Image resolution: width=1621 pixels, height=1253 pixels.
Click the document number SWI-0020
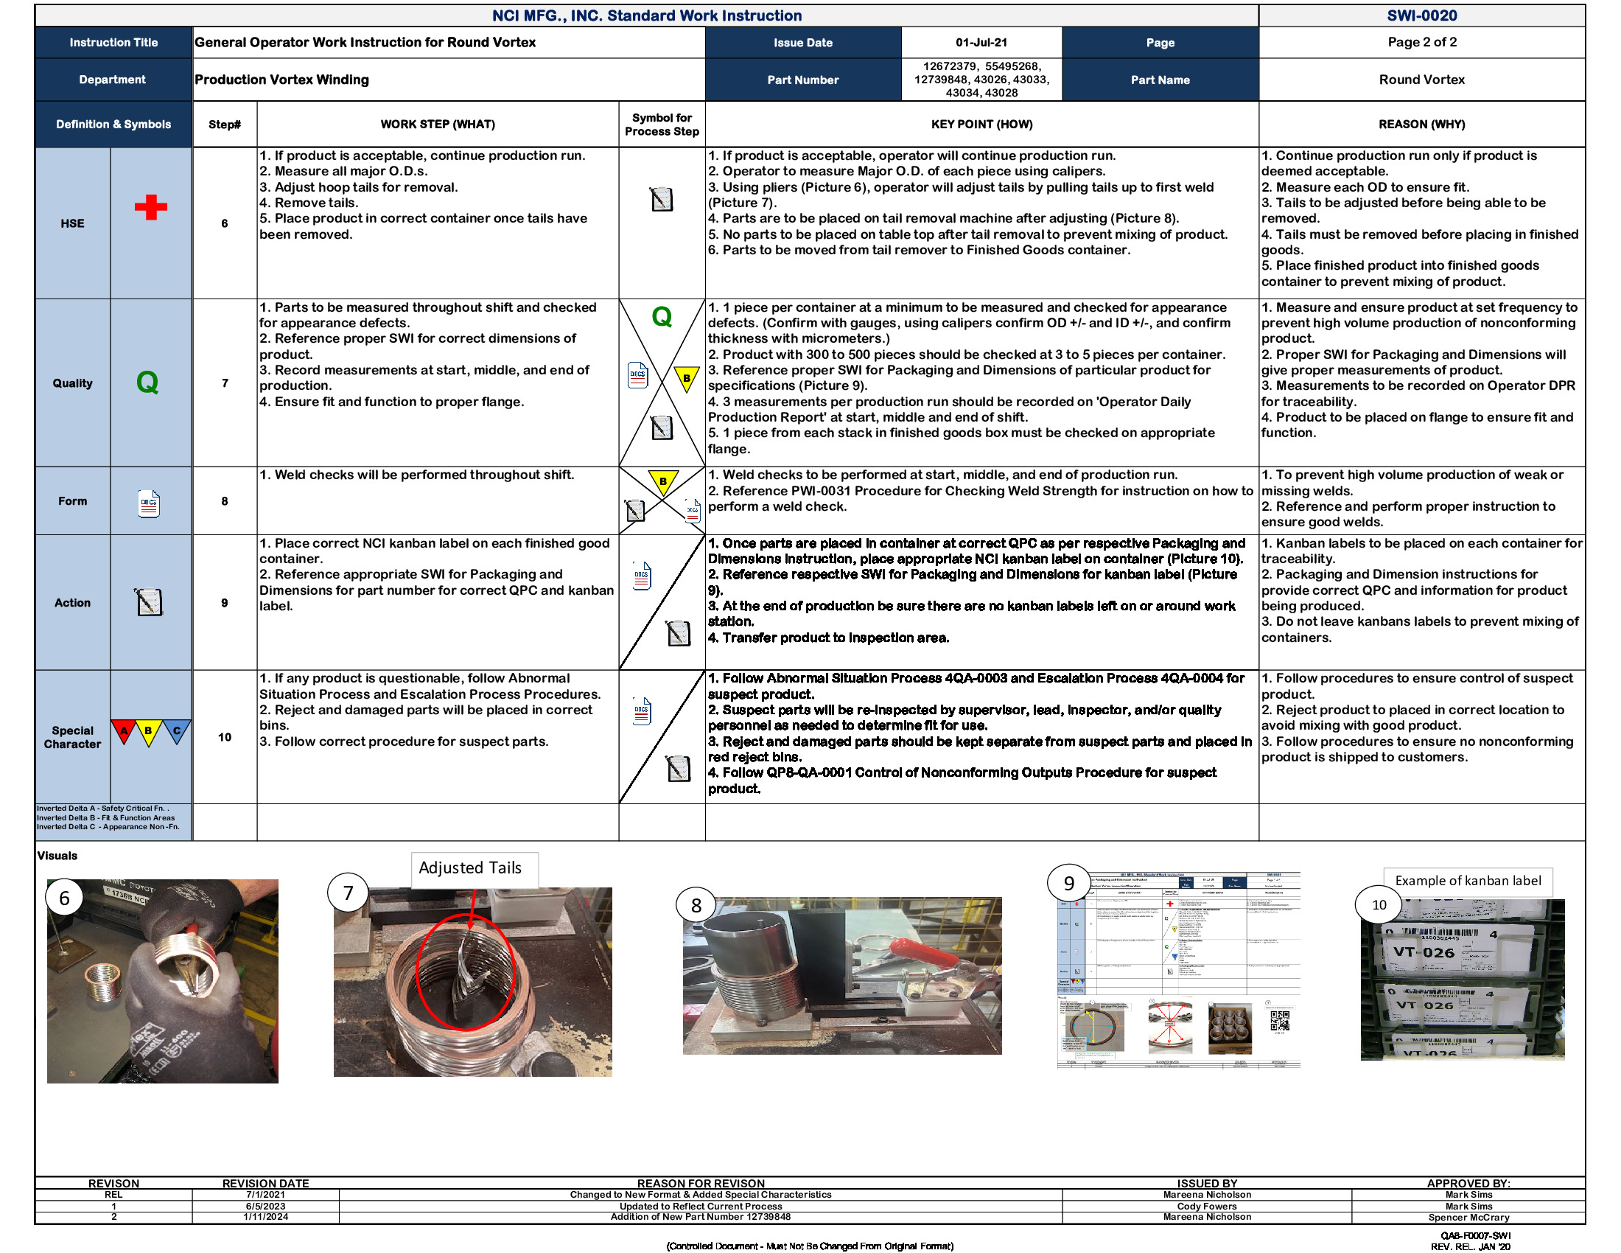[x=1421, y=15]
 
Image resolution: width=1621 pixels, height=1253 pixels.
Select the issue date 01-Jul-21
[x=981, y=42]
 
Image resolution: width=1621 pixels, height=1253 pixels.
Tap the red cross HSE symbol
[x=150, y=207]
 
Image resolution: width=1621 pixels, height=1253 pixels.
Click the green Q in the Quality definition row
[x=147, y=383]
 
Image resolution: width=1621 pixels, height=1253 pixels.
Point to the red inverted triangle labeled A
[x=124, y=730]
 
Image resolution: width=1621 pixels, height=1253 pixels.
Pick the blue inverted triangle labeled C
[x=177, y=730]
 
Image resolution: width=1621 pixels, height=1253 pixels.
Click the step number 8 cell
[x=224, y=501]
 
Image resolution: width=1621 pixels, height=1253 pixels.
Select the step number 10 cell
[x=224, y=737]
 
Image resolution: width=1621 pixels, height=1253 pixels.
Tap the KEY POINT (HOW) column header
[x=981, y=124]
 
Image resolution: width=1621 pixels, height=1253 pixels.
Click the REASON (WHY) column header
[x=1421, y=124]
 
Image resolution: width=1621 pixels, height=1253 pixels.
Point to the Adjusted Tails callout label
[x=470, y=868]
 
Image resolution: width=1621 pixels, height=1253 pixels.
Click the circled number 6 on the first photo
[x=65, y=898]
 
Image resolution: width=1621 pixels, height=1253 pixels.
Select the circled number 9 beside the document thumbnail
[x=1068, y=882]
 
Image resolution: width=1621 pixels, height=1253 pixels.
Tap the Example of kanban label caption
[x=1467, y=880]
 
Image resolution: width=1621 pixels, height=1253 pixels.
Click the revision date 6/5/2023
[x=265, y=1207]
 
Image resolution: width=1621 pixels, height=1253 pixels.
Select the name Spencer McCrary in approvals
[x=1468, y=1218]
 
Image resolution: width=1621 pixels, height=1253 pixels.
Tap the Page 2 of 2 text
[x=1421, y=42]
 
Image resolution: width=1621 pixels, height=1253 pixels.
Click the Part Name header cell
[x=1159, y=80]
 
